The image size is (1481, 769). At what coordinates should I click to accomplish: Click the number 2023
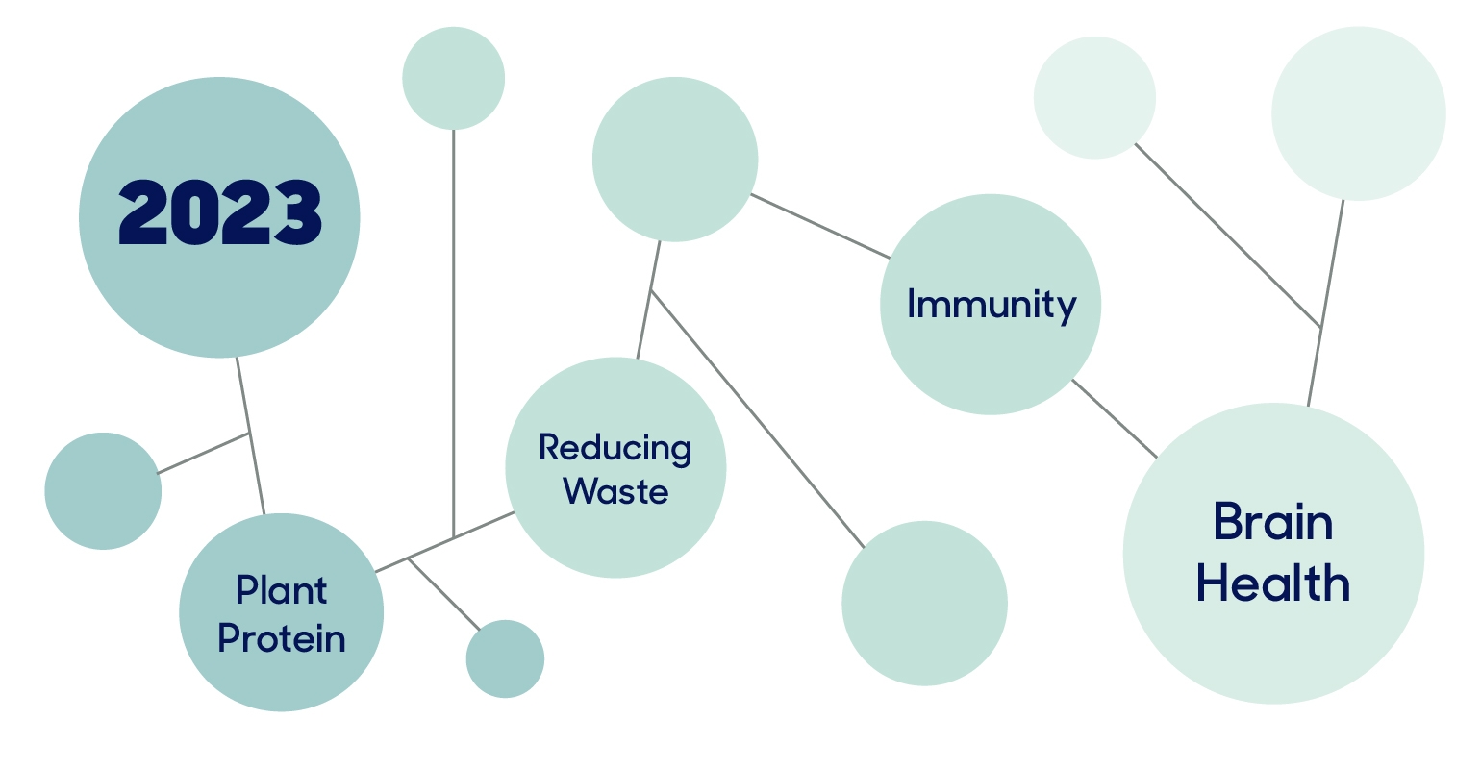220,212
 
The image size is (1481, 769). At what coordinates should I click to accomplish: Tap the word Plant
282,590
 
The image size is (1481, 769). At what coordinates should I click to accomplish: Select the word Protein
282,638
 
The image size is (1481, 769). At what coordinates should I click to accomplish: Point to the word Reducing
615,448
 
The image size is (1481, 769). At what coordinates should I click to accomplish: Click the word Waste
615,491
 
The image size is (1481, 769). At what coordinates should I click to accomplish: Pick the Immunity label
992,305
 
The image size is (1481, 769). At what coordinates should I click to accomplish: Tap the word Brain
1273,523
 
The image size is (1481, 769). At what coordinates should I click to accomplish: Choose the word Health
1273,583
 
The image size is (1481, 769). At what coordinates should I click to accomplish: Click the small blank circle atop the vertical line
453,78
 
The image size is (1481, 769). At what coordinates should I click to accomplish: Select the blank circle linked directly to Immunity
675,159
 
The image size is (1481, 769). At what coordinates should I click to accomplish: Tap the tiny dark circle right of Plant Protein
505,659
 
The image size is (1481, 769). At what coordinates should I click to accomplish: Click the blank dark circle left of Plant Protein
103,491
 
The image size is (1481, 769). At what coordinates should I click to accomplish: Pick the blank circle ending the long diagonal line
924,604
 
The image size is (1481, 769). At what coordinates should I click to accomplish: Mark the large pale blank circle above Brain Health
1358,113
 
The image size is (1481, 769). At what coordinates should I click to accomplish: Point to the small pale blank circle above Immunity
1094,98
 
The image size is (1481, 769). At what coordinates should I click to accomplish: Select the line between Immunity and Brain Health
1115,418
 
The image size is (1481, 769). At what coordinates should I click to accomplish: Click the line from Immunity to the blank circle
820,227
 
